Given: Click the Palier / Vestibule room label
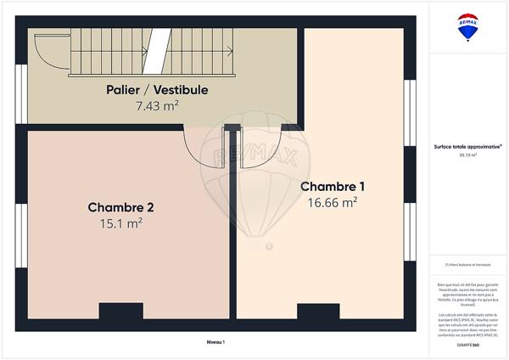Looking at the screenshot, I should point(157,89).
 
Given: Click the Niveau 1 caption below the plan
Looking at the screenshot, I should point(215,341).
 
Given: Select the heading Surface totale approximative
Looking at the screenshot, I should point(466,146).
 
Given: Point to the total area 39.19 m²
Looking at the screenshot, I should point(466,155).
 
